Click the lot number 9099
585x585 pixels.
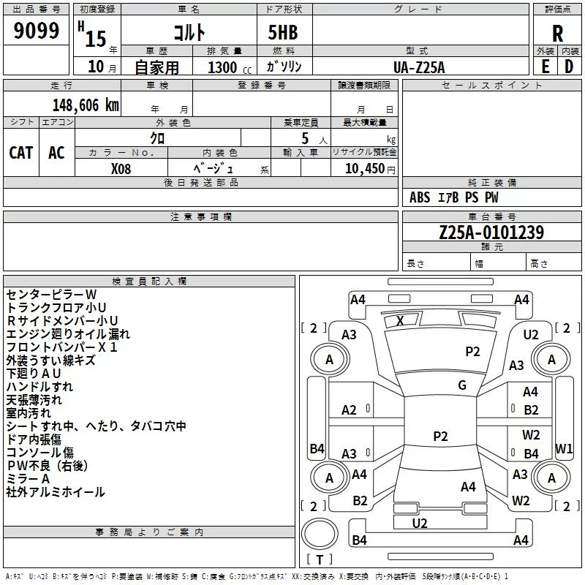(36, 31)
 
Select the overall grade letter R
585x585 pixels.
(557, 34)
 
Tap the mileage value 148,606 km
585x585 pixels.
(86, 105)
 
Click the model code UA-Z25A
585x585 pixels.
(419, 67)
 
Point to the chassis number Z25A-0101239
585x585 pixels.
(491, 233)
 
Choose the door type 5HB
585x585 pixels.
(283, 32)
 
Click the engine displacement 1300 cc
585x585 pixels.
(230, 67)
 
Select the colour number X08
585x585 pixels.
(121, 169)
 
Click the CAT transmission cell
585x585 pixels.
(21, 153)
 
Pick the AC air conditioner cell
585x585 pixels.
(56, 153)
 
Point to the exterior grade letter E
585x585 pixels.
(545, 67)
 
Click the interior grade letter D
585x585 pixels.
(569, 67)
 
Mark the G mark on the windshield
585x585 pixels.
(462, 385)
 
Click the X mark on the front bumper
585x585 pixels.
(400, 320)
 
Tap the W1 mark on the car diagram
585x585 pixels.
(564, 448)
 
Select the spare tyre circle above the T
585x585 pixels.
(320, 533)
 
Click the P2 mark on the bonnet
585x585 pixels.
(472, 352)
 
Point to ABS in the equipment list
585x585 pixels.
(420, 197)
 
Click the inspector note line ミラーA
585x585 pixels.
(28, 479)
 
